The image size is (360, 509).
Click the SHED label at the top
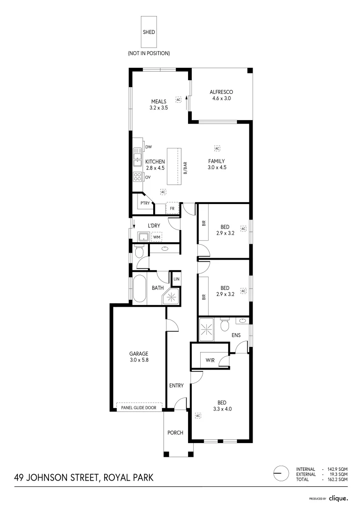[x=149, y=32]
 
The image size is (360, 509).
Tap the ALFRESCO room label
[x=221, y=92]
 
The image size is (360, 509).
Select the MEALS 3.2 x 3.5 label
[x=159, y=105]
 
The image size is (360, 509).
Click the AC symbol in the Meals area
[x=178, y=99]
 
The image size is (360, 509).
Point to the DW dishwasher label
[x=148, y=147]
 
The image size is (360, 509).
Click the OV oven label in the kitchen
[x=148, y=177]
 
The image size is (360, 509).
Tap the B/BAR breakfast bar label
[x=186, y=168]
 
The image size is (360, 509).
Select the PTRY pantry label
[x=145, y=203]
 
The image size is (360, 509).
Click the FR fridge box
[x=172, y=208]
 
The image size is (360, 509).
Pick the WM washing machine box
[x=156, y=237]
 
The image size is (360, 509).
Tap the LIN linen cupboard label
[x=176, y=279]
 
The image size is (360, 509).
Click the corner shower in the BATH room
[x=171, y=296]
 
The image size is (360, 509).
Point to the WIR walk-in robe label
[x=210, y=361]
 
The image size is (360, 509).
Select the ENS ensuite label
[x=236, y=335]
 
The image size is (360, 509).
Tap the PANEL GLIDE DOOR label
[x=139, y=408]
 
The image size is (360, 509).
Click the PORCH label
[x=175, y=433]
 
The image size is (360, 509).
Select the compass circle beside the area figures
[x=281, y=474]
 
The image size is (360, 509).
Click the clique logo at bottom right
[x=338, y=498]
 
